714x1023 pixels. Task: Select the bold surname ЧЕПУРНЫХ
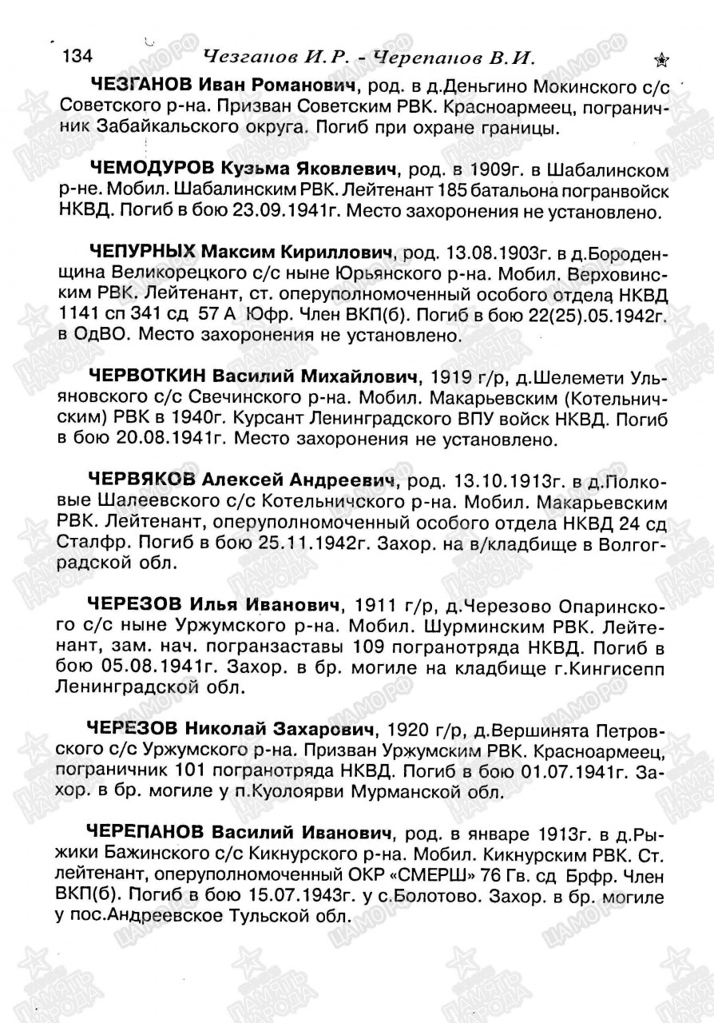click(x=144, y=253)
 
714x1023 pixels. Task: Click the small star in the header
click(x=661, y=60)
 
